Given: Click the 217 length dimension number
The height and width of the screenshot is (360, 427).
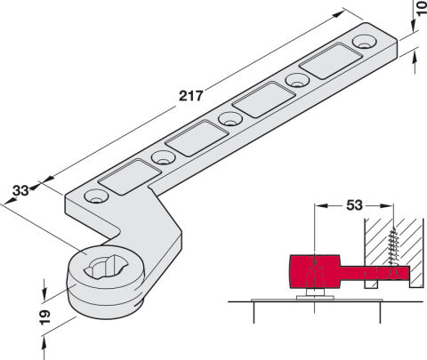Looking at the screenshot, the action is pyautogui.click(x=191, y=96).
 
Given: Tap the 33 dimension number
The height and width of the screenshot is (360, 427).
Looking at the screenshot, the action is pyautogui.click(x=20, y=190).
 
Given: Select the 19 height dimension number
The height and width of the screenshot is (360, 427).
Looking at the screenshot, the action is pyautogui.click(x=44, y=317).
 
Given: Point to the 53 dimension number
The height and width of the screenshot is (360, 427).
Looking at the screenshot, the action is pyautogui.click(x=354, y=205).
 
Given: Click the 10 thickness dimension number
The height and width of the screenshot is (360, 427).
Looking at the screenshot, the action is pyautogui.click(x=422, y=8).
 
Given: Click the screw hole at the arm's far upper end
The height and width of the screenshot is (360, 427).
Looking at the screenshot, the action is pyautogui.click(x=364, y=42).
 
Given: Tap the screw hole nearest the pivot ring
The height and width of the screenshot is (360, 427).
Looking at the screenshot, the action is pyautogui.click(x=96, y=196).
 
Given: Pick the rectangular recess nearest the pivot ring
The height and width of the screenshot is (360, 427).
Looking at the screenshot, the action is pyautogui.click(x=130, y=177).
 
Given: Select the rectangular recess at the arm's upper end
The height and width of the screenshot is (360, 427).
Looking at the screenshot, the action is pyautogui.click(x=331, y=61).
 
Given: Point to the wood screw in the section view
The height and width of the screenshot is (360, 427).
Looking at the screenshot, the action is pyautogui.click(x=393, y=247).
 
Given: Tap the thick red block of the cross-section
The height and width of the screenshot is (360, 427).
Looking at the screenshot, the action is pyautogui.click(x=315, y=271).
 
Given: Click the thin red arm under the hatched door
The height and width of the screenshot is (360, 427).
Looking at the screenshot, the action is pyautogui.click(x=375, y=273).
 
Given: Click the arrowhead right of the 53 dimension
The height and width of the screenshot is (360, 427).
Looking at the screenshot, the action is pyautogui.click(x=387, y=205).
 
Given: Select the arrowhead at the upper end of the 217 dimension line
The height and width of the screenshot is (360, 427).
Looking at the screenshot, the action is pyautogui.click(x=340, y=14).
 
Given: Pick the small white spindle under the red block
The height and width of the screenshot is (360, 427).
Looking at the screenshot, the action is pyautogui.click(x=315, y=292).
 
